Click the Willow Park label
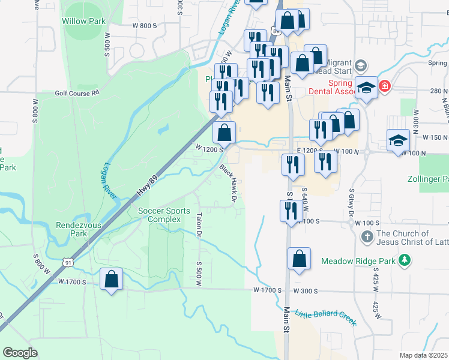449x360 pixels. click(x=83, y=21)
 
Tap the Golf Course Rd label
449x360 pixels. click(x=77, y=93)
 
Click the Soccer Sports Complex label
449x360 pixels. click(x=164, y=215)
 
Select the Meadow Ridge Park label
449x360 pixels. click(x=360, y=261)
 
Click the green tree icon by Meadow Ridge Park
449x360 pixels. click(x=405, y=260)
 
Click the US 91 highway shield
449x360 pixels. click(x=68, y=262)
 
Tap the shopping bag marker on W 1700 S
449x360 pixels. click(x=111, y=279)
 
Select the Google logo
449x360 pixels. click(x=20, y=352)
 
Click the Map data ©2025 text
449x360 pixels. click(x=423, y=355)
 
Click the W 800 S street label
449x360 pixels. click(x=144, y=26)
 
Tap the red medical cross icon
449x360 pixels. click(x=385, y=86)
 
